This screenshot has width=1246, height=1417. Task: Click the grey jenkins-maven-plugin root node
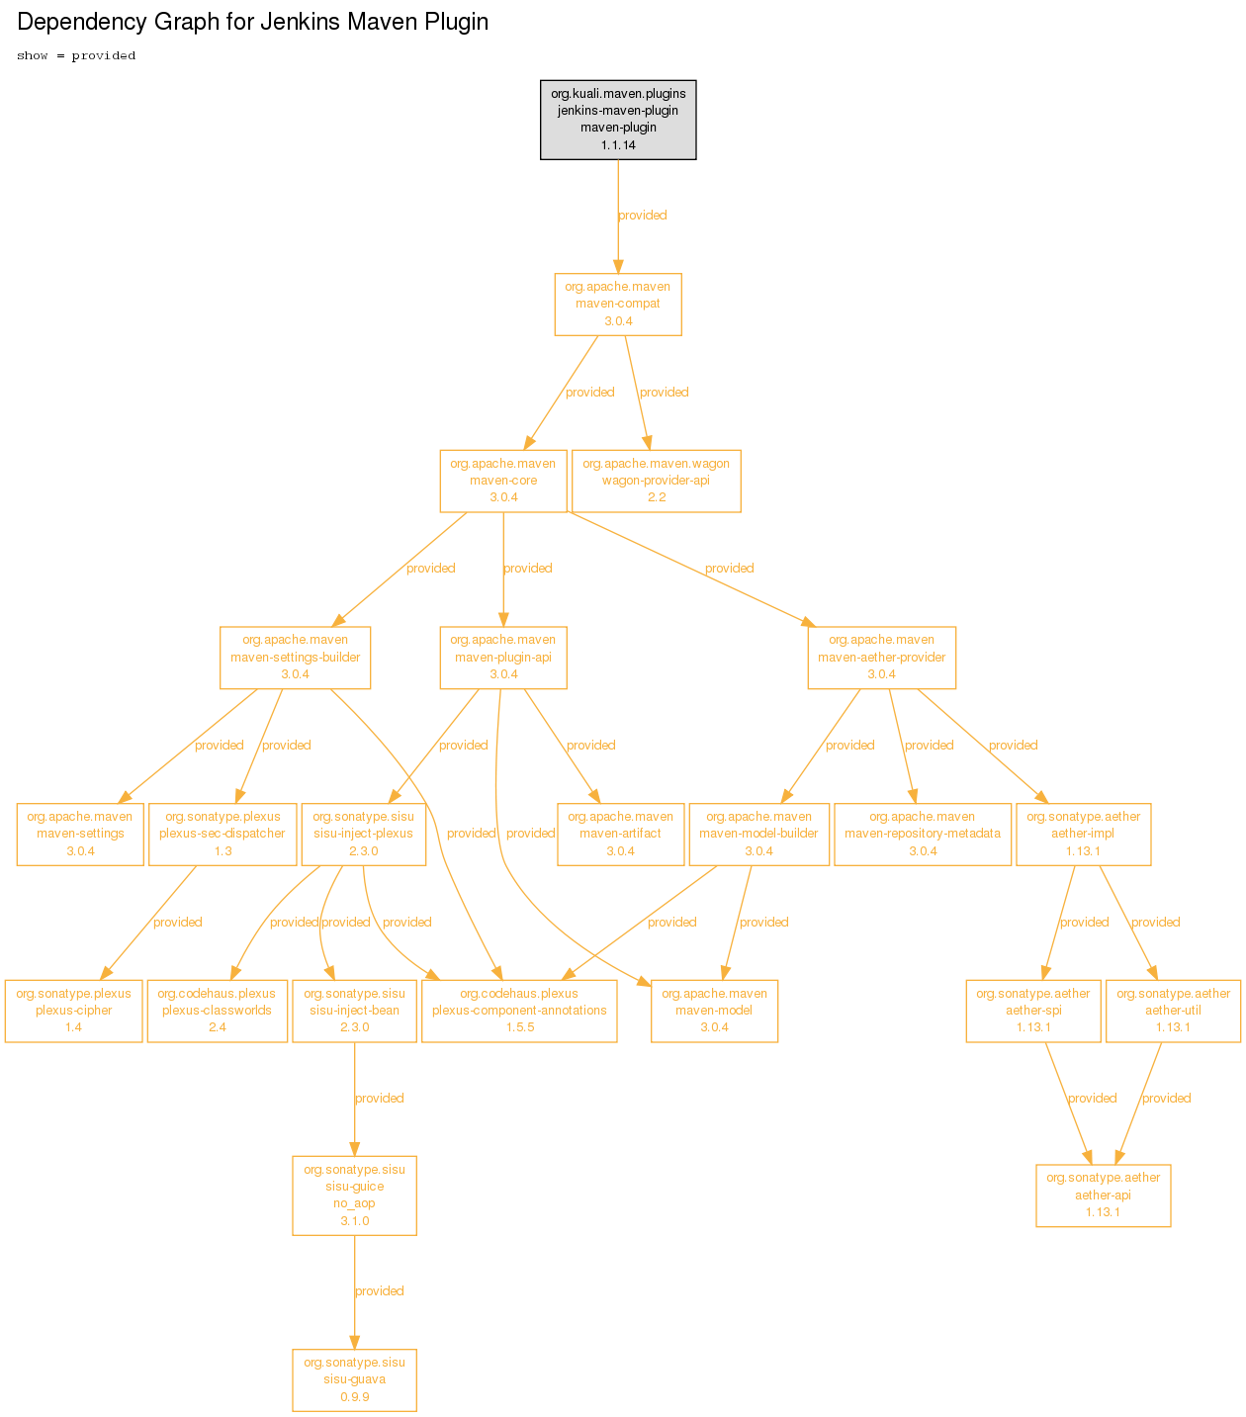618,120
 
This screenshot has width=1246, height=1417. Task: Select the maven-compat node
618,305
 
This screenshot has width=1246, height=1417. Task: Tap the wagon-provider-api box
657,482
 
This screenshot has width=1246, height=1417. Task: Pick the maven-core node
503,482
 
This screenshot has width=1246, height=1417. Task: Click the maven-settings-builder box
295,658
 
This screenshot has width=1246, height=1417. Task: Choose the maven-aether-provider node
881,658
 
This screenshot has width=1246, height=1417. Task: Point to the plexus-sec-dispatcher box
222,835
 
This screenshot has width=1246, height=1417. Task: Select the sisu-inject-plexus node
363,835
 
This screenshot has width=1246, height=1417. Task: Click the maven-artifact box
621,835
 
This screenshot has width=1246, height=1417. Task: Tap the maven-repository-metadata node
922,835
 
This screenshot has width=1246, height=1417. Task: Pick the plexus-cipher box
73,1011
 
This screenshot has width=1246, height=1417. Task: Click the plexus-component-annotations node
519,1011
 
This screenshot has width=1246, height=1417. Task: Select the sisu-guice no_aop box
354,1196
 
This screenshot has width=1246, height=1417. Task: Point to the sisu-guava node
354,1380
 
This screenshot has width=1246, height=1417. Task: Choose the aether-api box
1103,1196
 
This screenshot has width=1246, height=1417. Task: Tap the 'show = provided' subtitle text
76,55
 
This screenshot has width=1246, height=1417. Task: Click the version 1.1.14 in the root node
618,144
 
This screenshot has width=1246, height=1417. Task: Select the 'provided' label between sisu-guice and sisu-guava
379,1290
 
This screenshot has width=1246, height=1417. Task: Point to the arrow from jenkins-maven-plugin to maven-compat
618,217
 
